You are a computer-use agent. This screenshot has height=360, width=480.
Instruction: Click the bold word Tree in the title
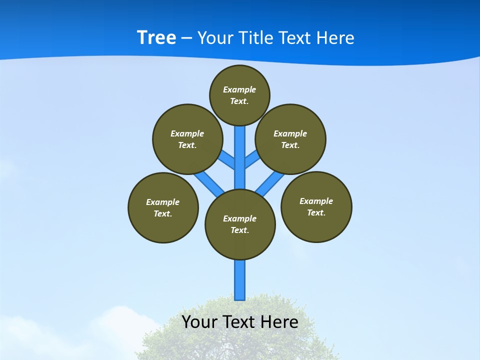[x=156, y=37]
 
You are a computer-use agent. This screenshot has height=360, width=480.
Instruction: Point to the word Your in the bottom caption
[x=199, y=322]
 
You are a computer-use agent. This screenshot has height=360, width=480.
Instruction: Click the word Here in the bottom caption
[x=279, y=322]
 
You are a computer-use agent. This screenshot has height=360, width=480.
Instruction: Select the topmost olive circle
[x=239, y=95]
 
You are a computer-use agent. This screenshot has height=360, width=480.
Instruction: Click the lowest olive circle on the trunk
[x=240, y=224]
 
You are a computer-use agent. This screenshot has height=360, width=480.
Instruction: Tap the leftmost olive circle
[x=163, y=207]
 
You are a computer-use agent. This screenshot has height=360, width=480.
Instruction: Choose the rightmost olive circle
[x=316, y=206]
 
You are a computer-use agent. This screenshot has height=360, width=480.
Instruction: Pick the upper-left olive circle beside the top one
[x=187, y=139]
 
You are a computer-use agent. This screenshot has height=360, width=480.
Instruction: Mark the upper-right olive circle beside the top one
[x=290, y=139]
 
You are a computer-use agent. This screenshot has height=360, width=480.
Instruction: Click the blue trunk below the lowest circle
[x=240, y=280]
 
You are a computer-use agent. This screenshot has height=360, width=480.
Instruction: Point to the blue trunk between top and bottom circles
[x=240, y=160]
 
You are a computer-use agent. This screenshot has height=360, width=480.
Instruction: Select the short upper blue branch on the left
[x=227, y=159]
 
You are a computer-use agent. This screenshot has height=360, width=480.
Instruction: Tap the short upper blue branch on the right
[x=252, y=159]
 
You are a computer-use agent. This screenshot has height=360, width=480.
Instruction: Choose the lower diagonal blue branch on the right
[x=269, y=183]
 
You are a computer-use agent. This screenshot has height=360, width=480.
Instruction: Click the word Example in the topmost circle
[x=239, y=89]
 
